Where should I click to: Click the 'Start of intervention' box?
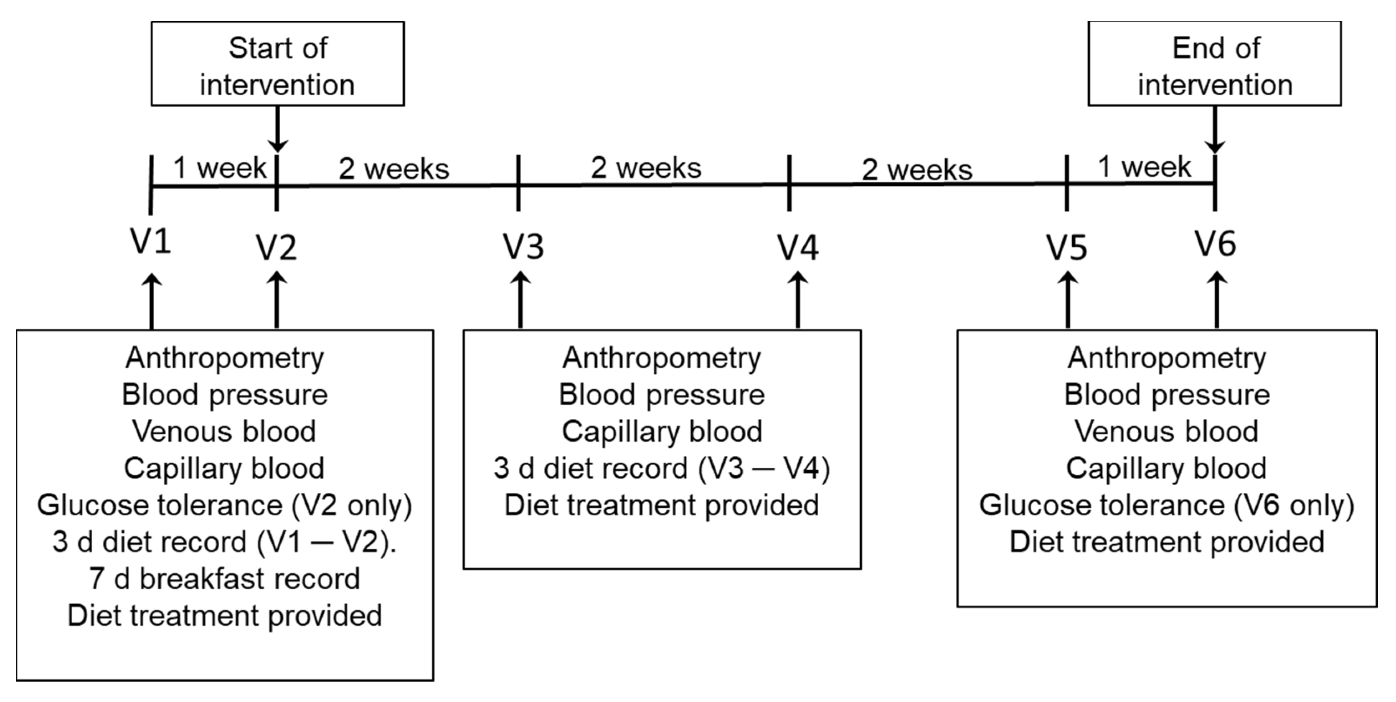(x=277, y=64)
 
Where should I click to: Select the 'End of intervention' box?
(x=1214, y=64)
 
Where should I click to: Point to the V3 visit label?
(x=523, y=246)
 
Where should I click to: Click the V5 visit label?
(x=1066, y=248)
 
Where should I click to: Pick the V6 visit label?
(x=1216, y=244)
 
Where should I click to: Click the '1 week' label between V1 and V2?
(x=219, y=168)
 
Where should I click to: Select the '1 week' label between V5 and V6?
(x=1144, y=167)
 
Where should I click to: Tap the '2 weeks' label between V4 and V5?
(x=917, y=170)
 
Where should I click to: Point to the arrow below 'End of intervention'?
(x=1214, y=130)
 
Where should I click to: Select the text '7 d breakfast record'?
(x=224, y=578)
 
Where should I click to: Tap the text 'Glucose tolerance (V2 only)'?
(x=224, y=505)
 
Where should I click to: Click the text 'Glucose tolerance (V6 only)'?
(x=1166, y=505)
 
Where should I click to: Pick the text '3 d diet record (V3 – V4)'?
(x=661, y=469)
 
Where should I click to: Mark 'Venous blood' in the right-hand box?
(x=1166, y=432)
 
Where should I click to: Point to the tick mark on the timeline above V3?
(x=518, y=183)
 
